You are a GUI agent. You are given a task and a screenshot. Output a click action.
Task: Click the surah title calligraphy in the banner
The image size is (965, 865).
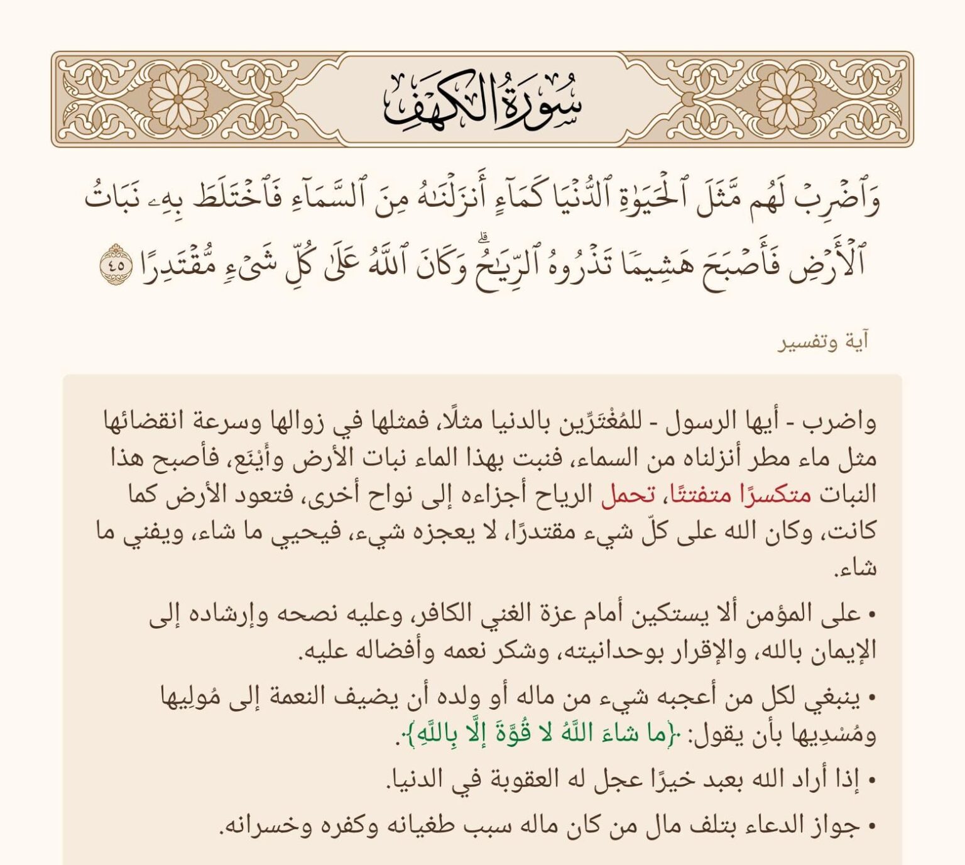pyautogui.click(x=482, y=101)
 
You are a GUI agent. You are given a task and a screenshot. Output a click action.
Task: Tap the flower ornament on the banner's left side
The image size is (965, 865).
pyautogui.click(x=178, y=99)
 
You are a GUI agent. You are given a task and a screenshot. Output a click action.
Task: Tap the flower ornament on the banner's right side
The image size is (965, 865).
pyautogui.click(x=787, y=99)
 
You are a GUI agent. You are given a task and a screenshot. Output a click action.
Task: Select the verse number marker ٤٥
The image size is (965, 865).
pyautogui.click(x=116, y=265)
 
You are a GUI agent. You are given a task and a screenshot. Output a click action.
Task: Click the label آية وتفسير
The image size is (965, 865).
pyautogui.click(x=824, y=342)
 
